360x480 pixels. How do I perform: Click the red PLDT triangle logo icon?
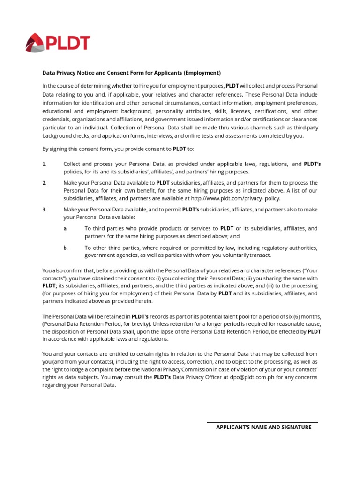tap(36, 43)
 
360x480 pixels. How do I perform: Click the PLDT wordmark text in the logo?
tap(68, 44)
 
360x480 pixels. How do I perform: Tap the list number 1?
tap(44, 164)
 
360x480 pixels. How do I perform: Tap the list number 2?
tap(44, 183)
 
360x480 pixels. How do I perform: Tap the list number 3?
tap(44, 210)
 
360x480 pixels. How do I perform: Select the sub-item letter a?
tap(65, 228)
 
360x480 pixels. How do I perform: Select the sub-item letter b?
tap(65, 247)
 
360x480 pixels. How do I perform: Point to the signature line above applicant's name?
tap(262, 423)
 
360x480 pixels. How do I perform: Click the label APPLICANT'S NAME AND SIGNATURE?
tap(263, 427)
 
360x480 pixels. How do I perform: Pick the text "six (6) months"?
tap(299, 316)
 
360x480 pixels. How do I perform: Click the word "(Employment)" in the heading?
tap(202, 73)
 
